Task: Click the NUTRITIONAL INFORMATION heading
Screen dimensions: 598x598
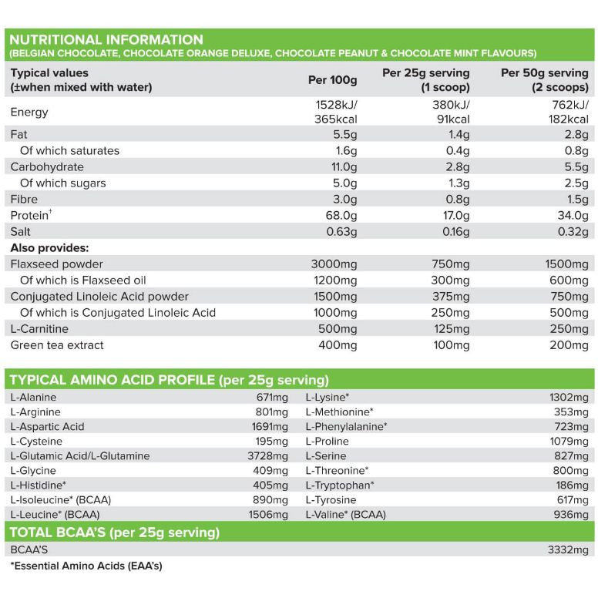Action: click(106, 40)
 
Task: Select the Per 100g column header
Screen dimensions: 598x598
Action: click(333, 80)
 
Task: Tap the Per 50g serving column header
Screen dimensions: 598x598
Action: click(545, 79)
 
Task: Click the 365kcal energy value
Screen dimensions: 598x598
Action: click(336, 119)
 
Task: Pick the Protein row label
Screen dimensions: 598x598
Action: click(30, 215)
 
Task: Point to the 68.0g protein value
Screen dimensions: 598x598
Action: click(341, 215)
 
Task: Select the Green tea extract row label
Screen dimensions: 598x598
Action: click(57, 345)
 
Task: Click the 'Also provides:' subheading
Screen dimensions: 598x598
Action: click(49, 248)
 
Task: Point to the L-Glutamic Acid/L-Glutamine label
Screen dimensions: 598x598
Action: click(80, 455)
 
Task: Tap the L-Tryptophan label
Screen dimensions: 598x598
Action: click(340, 485)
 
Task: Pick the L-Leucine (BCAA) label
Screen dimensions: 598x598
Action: click(55, 514)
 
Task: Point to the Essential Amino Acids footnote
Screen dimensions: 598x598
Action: click(86, 566)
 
